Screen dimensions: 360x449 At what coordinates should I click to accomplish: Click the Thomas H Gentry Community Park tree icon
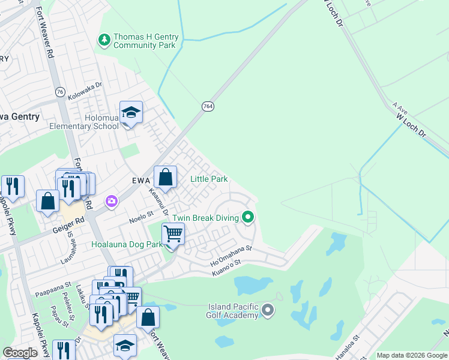click(x=104, y=40)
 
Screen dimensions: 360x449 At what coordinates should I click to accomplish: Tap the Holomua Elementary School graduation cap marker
click(x=131, y=113)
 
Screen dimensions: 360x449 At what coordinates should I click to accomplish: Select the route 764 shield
click(x=207, y=106)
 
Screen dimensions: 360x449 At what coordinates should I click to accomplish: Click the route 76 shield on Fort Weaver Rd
click(x=59, y=91)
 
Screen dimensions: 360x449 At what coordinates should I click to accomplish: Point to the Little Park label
click(x=209, y=179)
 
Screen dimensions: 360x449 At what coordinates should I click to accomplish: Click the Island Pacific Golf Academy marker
click(x=268, y=310)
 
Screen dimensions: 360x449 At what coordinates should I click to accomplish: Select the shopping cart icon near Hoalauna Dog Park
click(x=173, y=233)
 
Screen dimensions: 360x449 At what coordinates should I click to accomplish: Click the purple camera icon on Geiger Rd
click(x=111, y=201)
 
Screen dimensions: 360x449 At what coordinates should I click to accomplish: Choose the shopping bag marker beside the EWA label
click(x=166, y=178)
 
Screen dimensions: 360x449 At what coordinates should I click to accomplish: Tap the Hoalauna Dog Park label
click(x=127, y=244)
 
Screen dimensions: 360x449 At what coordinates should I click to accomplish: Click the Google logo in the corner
click(x=20, y=353)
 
